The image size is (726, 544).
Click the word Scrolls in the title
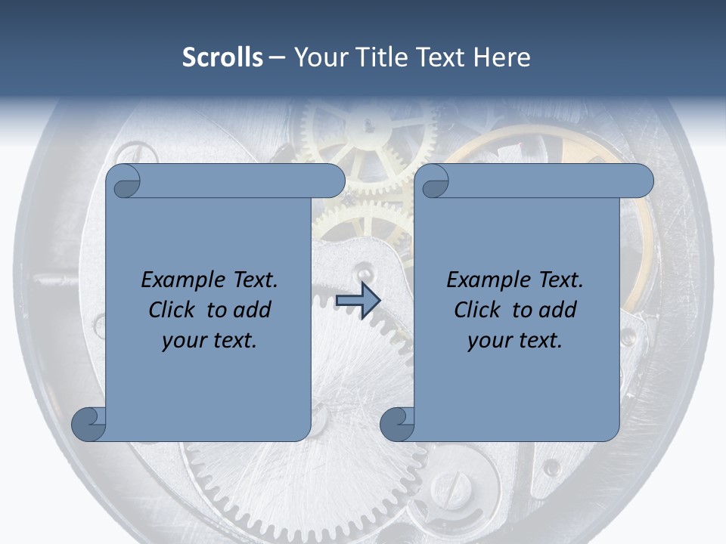(x=222, y=57)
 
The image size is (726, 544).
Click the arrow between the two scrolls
(x=358, y=301)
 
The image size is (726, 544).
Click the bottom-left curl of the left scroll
(x=88, y=424)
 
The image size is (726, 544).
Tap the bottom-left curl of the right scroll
(x=397, y=424)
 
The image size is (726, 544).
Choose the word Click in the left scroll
(x=174, y=310)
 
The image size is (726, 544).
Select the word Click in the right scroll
(x=478, y=310)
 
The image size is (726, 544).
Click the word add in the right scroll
(x=558, y=310)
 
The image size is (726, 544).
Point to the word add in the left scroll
(x=253, y=310)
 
